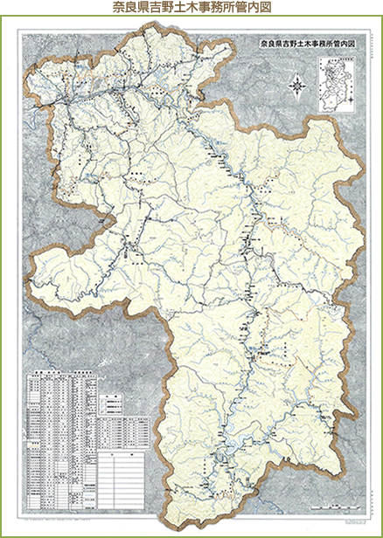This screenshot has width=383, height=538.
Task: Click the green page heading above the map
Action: pyautogui.click(x=191, y=8)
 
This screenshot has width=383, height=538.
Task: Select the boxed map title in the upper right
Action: pyautogui.click(x=303, y=40)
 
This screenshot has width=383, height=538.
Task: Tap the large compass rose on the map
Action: pyautogui.click(x=297, y=86)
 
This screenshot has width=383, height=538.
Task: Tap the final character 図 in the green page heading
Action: pyautogui.click(x=266, y=8)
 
